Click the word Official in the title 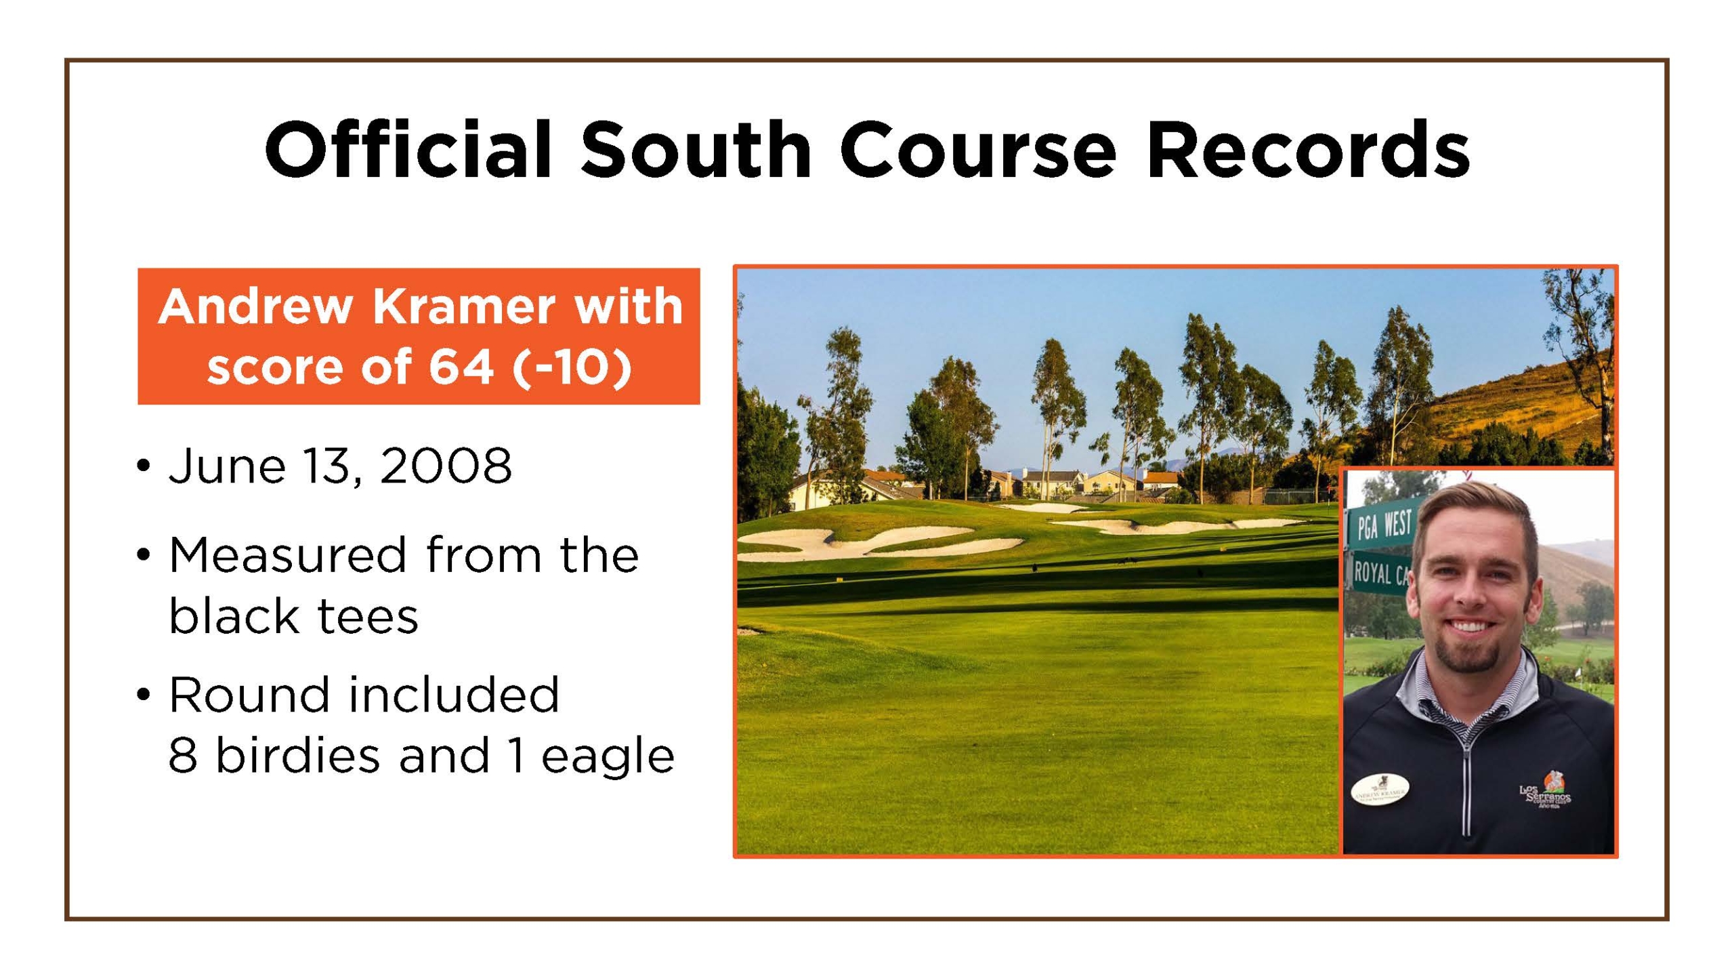408,149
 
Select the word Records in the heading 1308,150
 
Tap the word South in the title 696,150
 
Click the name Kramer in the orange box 465,307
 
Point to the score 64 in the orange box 460,367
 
